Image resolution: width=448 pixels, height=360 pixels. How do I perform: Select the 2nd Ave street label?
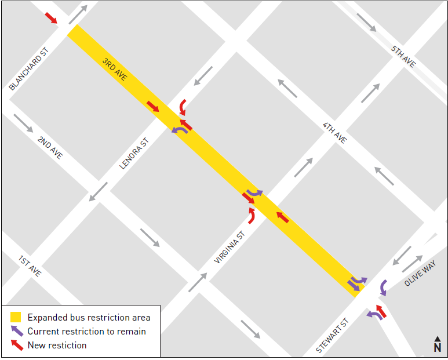50,148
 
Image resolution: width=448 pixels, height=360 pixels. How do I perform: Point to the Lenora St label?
134,154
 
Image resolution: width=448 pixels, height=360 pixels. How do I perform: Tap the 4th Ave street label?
334,133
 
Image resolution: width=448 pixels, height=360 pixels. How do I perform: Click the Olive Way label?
420,273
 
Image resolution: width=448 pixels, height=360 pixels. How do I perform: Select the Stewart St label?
333,336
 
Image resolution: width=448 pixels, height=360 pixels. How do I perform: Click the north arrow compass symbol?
437,344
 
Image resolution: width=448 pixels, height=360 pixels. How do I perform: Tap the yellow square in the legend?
16,317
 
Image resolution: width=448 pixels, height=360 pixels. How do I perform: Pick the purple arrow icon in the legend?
16,331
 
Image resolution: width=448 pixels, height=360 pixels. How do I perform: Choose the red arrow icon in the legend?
16,345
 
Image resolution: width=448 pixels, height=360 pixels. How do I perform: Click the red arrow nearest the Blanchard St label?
51,17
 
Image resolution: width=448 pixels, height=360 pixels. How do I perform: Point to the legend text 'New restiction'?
57,346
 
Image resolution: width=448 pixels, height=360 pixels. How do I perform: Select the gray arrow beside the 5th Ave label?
367,23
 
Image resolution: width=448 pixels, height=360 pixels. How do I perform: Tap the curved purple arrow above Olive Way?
383,287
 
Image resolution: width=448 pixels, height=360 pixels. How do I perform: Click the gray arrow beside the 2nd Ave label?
24,122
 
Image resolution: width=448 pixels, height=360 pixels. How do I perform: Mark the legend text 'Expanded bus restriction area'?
89,317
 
